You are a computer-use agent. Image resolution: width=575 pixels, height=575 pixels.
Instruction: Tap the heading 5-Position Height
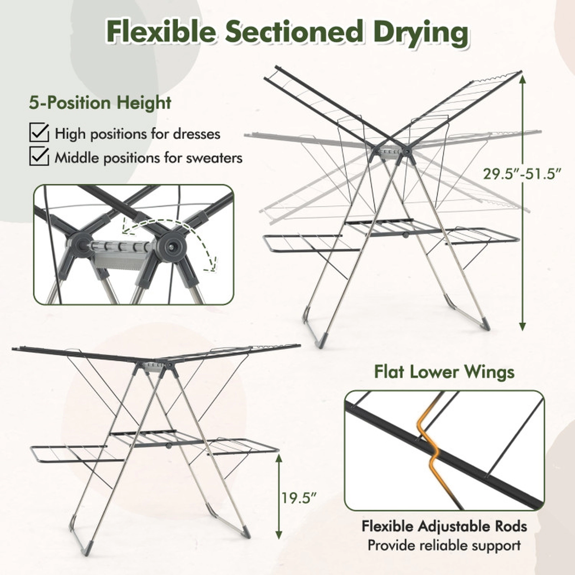tap(100, 103)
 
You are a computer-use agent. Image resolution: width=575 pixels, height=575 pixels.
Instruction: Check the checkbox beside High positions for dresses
tap(39, 133)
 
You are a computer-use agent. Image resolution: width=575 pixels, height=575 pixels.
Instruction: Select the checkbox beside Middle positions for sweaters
tap(39, 156)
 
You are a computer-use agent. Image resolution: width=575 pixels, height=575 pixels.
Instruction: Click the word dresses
tap(197, 134)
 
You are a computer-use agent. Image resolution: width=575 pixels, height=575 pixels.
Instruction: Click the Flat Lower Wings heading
tap(444, 372)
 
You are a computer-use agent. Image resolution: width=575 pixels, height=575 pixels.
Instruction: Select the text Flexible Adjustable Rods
tap(444, 526)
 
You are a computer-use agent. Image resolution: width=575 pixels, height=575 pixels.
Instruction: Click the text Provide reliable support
tap(444, 545)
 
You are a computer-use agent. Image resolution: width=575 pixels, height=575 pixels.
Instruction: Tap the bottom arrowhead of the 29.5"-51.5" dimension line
tap(523, 326)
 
